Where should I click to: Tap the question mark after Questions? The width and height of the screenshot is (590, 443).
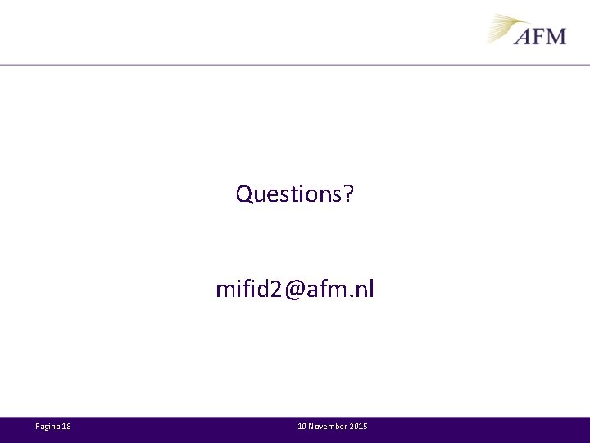pyautogui.click(x=349, y=194)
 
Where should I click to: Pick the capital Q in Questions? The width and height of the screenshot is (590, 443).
pyautogui.click(x=244, y=194)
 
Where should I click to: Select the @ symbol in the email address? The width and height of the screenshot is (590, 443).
pyautogui.click(x=296, y=290)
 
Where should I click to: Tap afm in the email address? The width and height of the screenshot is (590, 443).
pyautogui.click(x=329, y=290)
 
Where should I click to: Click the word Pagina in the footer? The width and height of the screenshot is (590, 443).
pyautogui.click(x=48, y=427)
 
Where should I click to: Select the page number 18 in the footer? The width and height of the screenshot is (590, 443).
pyautogui.click(x=66, y=427)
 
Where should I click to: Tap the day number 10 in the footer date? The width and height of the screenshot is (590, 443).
pyautogui.click(x=302, y=427)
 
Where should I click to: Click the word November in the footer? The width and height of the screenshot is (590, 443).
pyautogui.click(x=327, y=427)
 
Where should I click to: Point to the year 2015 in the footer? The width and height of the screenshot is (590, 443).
pyautogui.click(x=359, y=427)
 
